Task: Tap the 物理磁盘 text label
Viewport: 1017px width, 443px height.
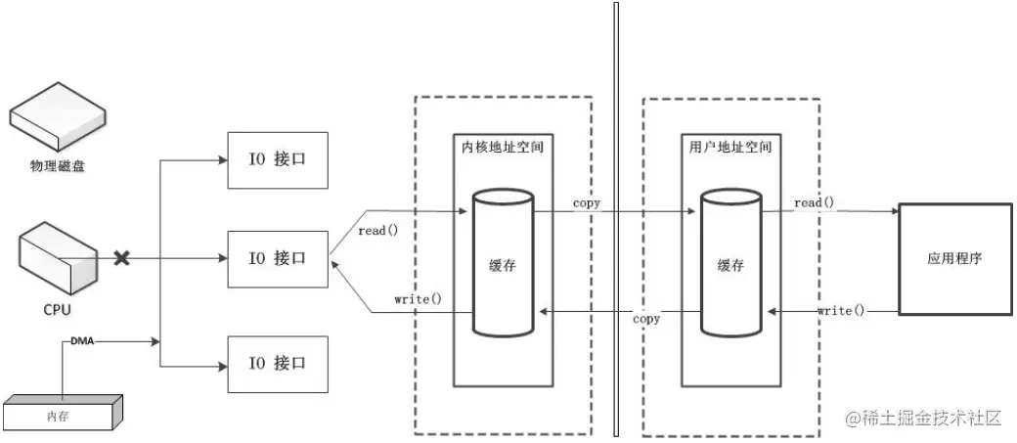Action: coord(58,166)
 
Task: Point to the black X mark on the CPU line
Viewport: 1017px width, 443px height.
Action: coord(122,258)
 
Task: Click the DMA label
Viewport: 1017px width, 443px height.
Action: coord(81,342)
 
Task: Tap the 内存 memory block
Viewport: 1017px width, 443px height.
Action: coord(63,413)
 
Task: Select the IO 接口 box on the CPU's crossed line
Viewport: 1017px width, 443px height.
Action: coord(278,259)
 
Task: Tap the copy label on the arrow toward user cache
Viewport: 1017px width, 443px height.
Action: coord(587,203)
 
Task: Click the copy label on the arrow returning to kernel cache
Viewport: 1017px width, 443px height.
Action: coord(645,319)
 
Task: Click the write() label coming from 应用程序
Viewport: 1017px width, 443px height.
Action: coord(841,310)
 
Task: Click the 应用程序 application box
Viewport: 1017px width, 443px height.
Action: coord(954,259)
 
